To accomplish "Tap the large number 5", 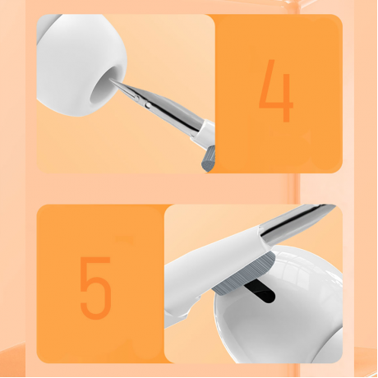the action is point(95,288).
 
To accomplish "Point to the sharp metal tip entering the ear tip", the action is point(111,80).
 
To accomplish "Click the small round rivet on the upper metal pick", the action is point(148,104).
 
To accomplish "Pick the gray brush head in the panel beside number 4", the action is point(209,159).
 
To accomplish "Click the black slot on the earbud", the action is point(260,292).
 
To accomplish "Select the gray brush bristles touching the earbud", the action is point(243,274).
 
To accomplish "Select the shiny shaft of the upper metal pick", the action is point(162,108).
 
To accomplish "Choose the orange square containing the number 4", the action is point(277,94).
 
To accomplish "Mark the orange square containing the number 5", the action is point(101,283).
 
